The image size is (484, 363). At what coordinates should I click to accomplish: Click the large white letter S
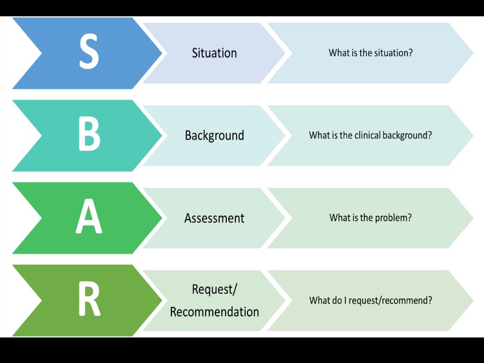click(89, 53)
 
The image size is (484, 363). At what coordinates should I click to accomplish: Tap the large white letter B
click(89, 135)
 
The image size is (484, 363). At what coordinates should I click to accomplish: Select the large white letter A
click(89, 218)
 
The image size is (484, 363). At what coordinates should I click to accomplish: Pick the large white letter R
click(89, 300)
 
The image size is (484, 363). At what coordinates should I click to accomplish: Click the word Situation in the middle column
click(214, 53)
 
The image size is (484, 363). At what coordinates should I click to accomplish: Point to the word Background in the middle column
click(214, 135)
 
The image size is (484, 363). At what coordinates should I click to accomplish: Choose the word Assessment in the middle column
click(214, 218)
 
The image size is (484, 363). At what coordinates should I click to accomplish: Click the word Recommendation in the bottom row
click(214, 312)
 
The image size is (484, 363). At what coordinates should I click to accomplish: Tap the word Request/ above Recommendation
click(214, 289)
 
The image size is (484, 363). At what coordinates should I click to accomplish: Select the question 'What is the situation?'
click(370, 53)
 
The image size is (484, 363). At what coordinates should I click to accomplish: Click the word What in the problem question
click(339, 218)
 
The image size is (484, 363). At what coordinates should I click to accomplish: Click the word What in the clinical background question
click(319, 135)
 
